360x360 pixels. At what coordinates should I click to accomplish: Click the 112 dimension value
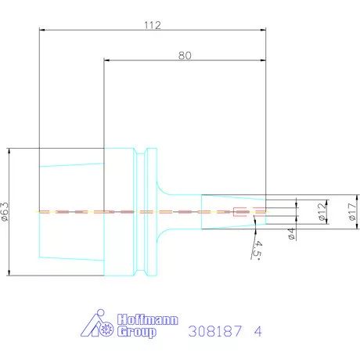pos(153,25)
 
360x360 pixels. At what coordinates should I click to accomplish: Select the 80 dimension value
pos(185,56)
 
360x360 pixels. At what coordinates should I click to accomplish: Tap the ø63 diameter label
pos(5,211)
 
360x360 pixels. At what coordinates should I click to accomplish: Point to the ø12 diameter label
pos(322,211)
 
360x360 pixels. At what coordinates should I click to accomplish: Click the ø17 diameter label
pos(353,211)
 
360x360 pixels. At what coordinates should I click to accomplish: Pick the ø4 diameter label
pos(291,233)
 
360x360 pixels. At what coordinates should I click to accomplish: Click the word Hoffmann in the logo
pos(148,319)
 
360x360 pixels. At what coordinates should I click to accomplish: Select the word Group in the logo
pos(136,332)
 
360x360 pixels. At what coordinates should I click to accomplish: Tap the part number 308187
pos(214,331)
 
